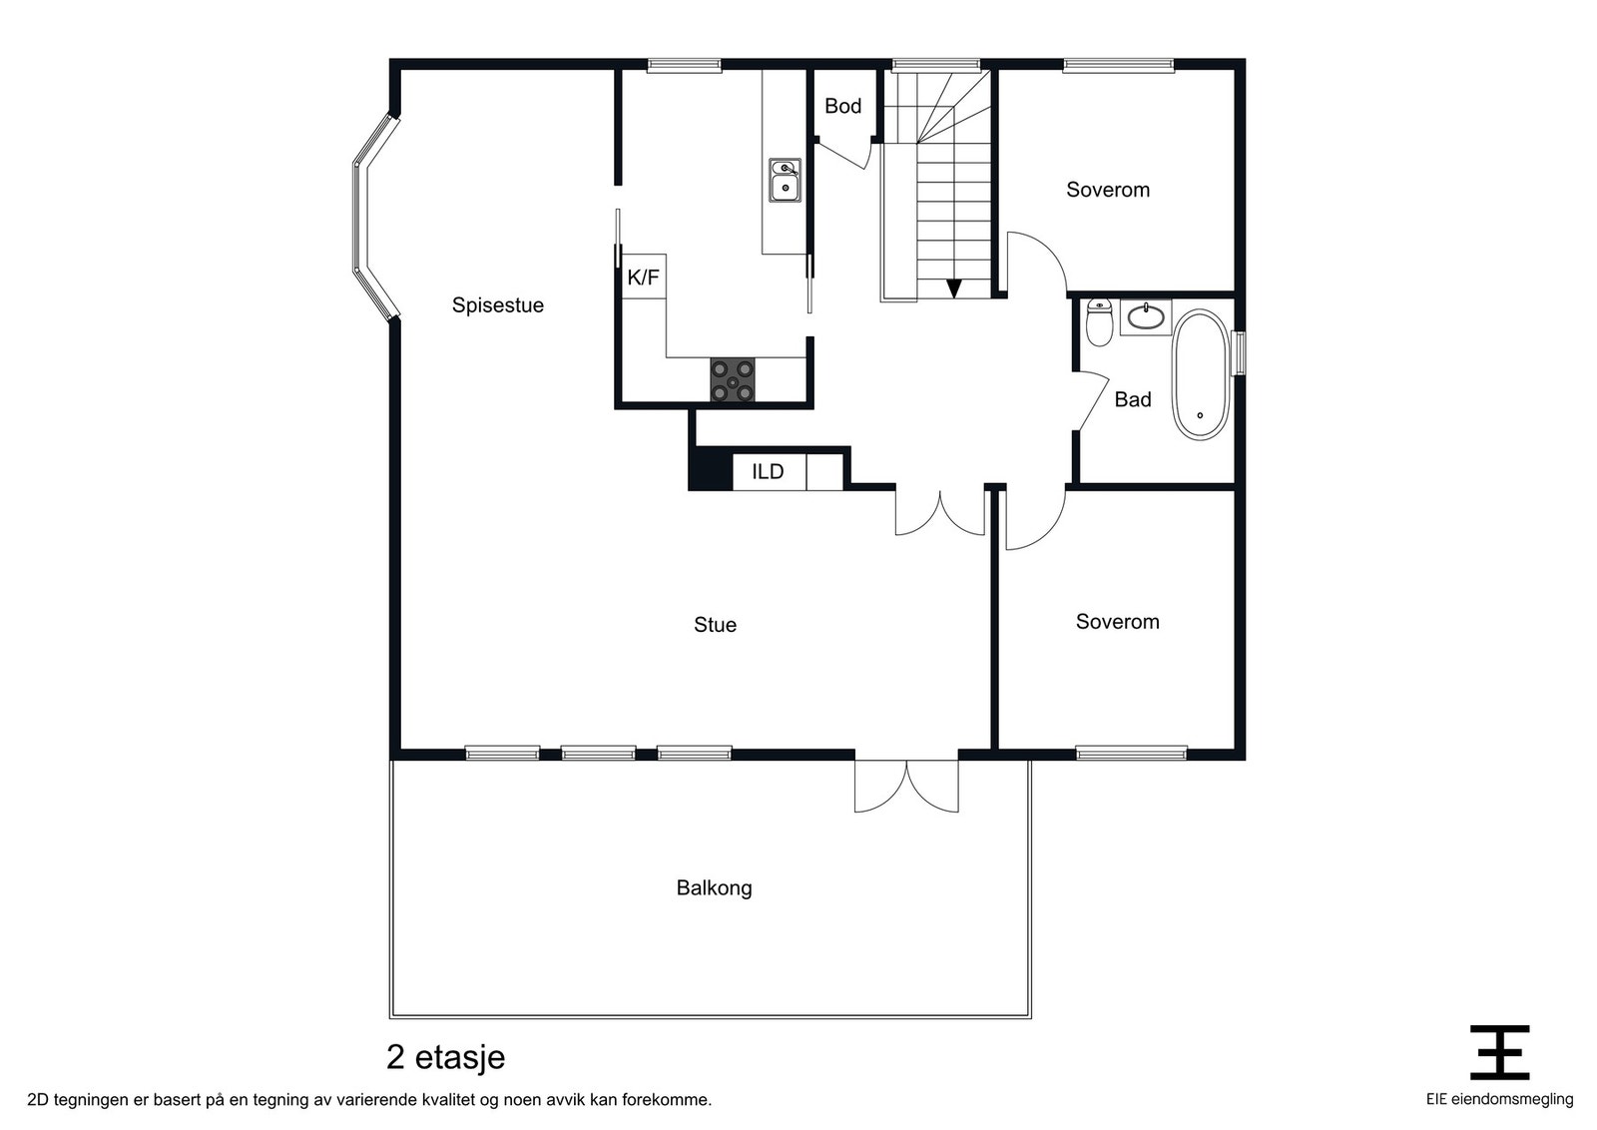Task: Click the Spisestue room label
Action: click(x=498, y=305)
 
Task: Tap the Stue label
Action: click(x=715, y=625)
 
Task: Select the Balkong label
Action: click(x=714, y=887)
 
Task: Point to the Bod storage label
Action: click(x=842, y=106)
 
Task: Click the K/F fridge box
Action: click(x=644, y=277)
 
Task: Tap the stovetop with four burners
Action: click(x=733, y=380)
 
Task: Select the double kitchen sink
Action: click(x=785, y=180)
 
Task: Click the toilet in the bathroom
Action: click(x=1099, y=322)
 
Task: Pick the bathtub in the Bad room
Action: click(x=1201, y=374)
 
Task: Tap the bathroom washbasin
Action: click(x=1146, y=317)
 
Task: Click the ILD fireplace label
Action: click(x=768, y=471)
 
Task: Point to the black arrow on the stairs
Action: click(x=954, y=288)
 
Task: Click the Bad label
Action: click(x=1133, y=399)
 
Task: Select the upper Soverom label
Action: click(x=1108, y=190)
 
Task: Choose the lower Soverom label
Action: click(x=1117, y=622)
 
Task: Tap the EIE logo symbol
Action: click(x=1499, y=1052)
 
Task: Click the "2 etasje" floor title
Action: click(x=445, y=1057)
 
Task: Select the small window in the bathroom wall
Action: click(x=1241, y=353)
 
